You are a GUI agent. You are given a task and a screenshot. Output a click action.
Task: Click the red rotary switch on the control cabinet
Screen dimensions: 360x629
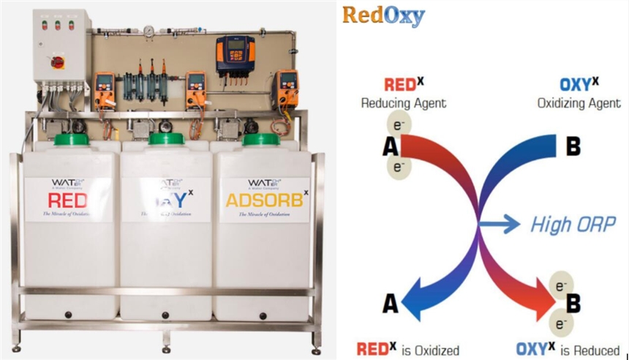(57, 62)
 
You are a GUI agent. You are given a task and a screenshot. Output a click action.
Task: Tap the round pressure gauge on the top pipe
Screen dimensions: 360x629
(148, 31)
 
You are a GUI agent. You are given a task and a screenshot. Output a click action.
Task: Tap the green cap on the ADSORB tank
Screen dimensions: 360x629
(262, 139)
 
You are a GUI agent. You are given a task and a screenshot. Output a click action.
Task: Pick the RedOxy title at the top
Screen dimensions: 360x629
(383, 16)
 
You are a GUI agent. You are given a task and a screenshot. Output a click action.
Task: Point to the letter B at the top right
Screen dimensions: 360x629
(573, 146)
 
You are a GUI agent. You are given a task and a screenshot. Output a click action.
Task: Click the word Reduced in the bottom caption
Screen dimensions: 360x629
(594, 350)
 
